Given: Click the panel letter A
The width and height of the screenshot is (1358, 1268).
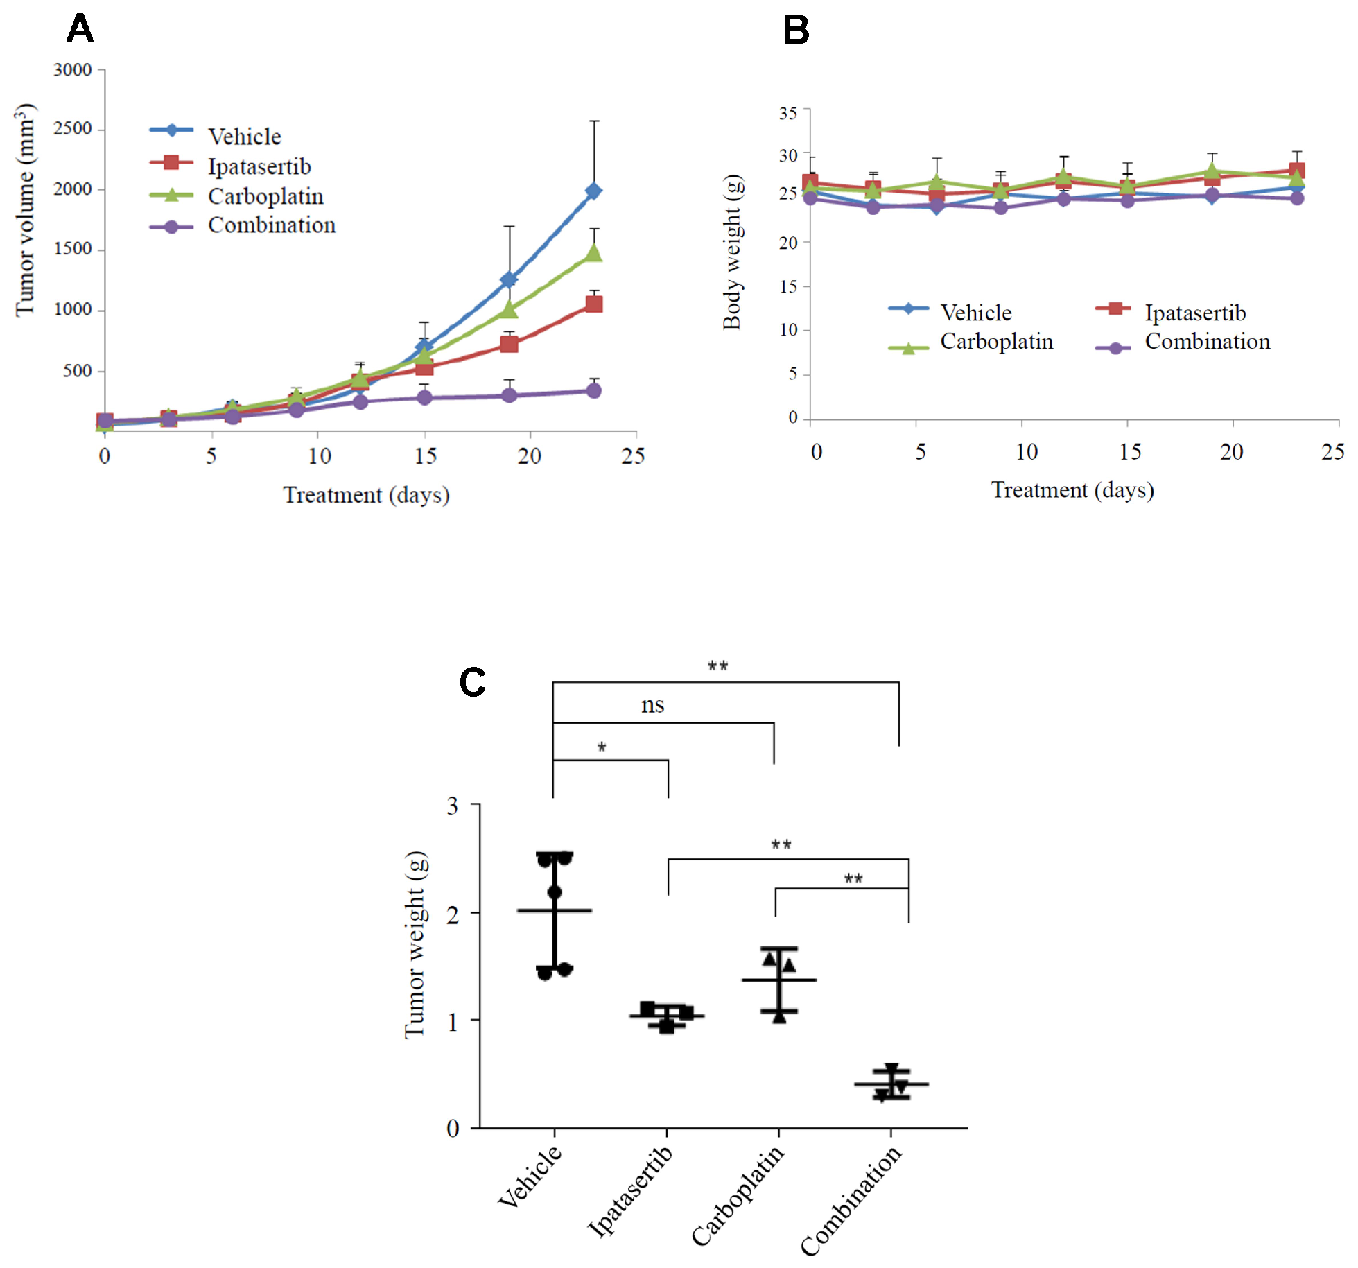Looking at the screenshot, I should [80, 30].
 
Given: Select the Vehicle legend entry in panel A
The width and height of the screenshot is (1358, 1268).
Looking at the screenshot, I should [244, 137].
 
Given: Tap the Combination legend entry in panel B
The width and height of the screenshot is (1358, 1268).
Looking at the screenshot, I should [1207, 342].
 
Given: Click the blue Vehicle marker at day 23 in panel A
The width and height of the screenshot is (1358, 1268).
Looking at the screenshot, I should [593, 191].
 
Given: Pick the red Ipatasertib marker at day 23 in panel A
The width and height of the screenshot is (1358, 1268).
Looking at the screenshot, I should [593, 304].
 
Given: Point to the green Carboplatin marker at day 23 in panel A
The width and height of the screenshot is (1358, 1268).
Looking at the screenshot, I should [593, 253].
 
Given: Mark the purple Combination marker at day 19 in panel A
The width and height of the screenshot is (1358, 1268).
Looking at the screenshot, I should [509, 395].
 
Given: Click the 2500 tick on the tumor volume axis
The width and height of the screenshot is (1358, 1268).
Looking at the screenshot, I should [73, 129].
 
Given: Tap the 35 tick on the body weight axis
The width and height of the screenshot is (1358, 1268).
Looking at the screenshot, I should [788, 113].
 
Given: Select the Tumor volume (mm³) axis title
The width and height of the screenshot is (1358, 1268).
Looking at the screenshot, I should [25, 210].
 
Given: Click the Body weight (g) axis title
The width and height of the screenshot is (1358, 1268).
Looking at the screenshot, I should [732, 252].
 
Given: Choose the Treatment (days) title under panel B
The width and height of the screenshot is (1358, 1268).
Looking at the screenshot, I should [1072, 490].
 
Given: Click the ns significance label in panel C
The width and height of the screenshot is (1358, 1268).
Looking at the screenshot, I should [652, 706].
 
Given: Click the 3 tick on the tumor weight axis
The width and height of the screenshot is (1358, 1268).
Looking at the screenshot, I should [453, 806].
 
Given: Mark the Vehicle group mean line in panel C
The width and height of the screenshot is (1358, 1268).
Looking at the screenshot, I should [554, 910].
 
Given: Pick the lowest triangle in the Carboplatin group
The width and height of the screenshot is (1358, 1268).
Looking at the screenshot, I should [779, 1016].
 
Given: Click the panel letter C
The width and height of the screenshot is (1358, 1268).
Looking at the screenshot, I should [472, 682].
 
